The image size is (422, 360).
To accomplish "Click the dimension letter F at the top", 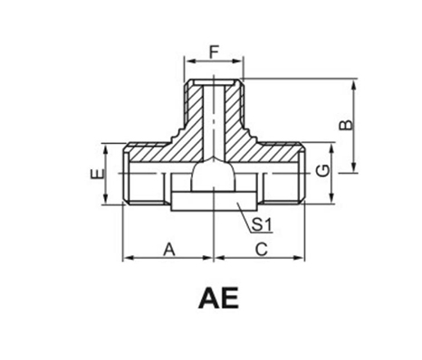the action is tap(214, 52).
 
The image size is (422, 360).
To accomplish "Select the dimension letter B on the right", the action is tap(346, 125).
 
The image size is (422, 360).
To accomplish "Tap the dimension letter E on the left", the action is tap(98, 174).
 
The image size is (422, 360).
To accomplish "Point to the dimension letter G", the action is tap(323, 171).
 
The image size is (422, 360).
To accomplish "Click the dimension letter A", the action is tap(169, 250).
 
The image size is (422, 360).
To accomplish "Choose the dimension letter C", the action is tap(262, 250).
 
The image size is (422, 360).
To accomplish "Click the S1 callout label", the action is tap(262, 224).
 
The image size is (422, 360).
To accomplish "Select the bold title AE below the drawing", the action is tap(219, 298).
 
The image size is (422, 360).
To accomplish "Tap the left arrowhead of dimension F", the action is tap(189, 62).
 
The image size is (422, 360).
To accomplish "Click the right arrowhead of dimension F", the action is tap(238, 62).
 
